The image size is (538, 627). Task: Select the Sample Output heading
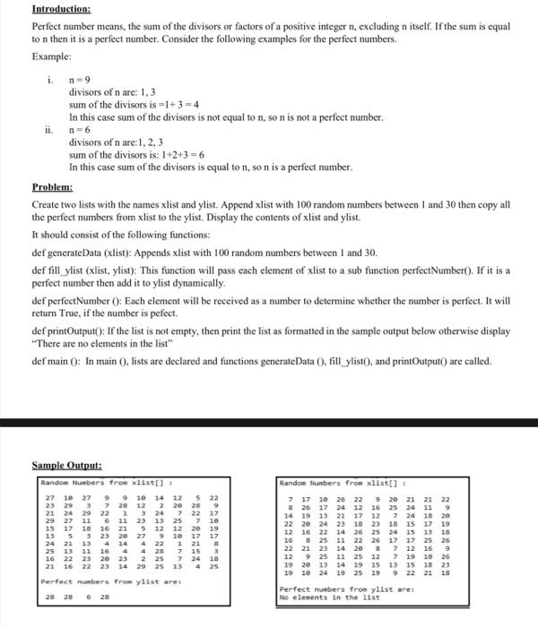pyautogui.click(x=66, y=466)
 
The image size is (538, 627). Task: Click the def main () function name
pyautogui.click(x=57, y=361)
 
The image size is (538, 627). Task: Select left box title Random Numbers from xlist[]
pyautogui.click(x=93, y=482)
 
